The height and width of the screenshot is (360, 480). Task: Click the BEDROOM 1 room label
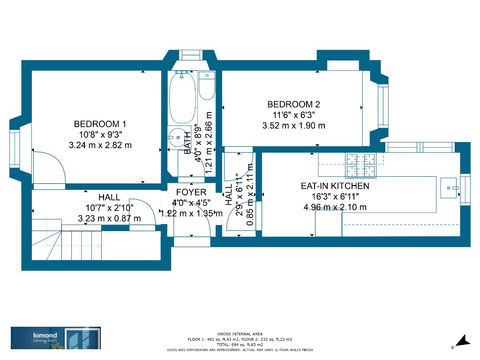pyautogui.click(x=100, y=124)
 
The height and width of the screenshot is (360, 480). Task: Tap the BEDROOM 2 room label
pyautogui.click(x=293, y=105)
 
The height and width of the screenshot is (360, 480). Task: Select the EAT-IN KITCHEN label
pyautogui.click(x=335, y=186)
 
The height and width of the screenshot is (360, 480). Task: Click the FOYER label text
pyautogui.click(x=191, y=192)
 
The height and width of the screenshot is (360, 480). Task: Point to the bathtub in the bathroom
pyautogui.click(x=182, y=97)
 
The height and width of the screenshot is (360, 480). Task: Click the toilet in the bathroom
pyautogui.click(x=206, y=85)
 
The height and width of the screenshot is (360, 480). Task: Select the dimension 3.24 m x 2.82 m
pyautogui.click(x=100, y=145)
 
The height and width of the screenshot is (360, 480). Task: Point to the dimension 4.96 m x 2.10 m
pyautogui.click(x=335, y=207)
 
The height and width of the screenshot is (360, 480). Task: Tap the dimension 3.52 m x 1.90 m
pyautogui.click(x=293, y=126)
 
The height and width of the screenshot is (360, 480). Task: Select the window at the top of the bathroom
pyautogui.click(x=189, y=55)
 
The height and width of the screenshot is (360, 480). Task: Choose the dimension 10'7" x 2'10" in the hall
pyautogui.click(x=109, y=208)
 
